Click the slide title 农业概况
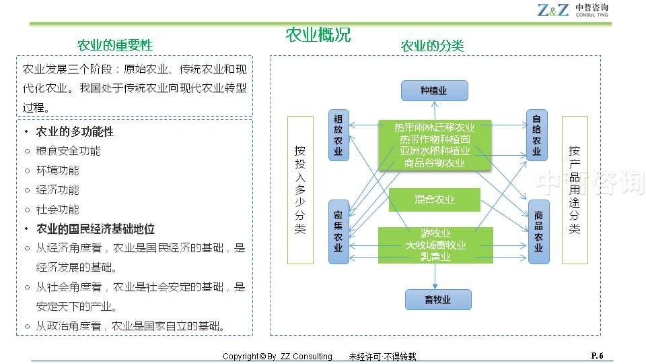coord(318,35)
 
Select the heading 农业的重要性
coord(115,45)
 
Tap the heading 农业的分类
coord(432,46)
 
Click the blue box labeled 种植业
coord(434,90)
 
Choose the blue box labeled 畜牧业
coord(437,299)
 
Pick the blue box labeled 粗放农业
coord(338,135)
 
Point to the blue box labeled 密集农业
coord(338,231)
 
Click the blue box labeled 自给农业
coord(537,135)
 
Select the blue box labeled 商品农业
coord(538,231)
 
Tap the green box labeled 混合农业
coord(434,200)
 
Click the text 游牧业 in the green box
coord(435,233)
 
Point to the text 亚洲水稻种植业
coord(435,151)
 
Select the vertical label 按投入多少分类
coord(300,189)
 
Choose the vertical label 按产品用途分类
coord(574,189)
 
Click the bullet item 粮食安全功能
coord(68,151)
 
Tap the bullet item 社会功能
coord(57,210)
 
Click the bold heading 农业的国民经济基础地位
coord(95,229)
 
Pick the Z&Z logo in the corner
coord(572,10)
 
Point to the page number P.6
coord(597,355)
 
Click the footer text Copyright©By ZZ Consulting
coord(277,357)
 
